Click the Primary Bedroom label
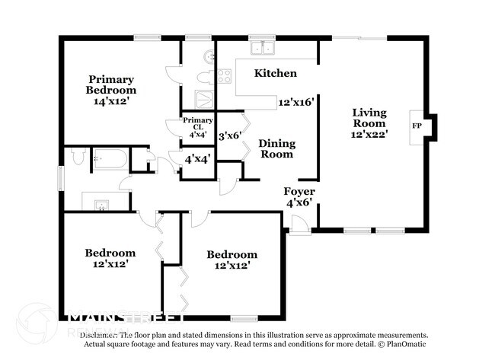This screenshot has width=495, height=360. pyautogui.click(x=111, y=84)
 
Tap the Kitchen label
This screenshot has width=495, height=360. pyautogui.click(x=275, y=73)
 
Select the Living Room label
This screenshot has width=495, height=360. pyautogui.click(x=369, y=118)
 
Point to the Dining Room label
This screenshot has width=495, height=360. pyautogui.click(x=276, y=148)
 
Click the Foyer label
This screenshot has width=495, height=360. pyautogui.click(x=299, y=191)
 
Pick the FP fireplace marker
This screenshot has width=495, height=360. pyautogui.click(x=417, y=125)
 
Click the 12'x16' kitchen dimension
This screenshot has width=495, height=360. pyautogui.click(x=296, y=101)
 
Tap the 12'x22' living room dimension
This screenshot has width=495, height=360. pyautogui.click(x=370, y=133)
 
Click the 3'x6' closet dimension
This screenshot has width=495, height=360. pyautogui.click(x=229, y=136)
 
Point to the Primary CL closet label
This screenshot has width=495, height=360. pyautogui.click(x=197, y=123)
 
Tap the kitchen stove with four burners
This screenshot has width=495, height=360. pyautogui.click(x=225, y=75)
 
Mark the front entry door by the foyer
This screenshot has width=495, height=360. pyautogui.click(x=300, y=223)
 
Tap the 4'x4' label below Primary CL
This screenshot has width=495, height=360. pyautogui.click(x=197, y=159)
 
